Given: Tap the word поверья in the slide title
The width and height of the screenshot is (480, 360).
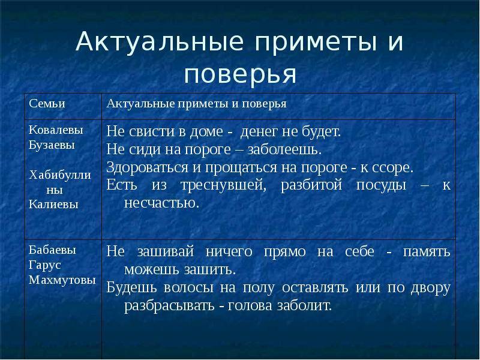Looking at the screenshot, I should pos(240,74).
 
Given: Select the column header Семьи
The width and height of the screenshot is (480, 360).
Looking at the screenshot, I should pos(46,104).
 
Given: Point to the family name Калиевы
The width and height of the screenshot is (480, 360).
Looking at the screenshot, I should pos(53,203).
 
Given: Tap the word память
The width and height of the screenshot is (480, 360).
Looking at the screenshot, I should pos(428,251).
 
